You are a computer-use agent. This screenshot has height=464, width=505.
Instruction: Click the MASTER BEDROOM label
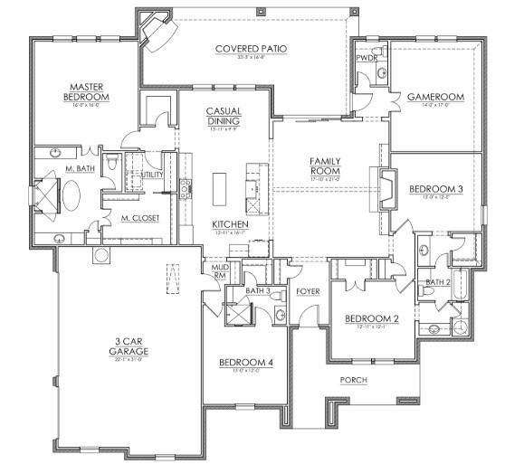coord(87,90)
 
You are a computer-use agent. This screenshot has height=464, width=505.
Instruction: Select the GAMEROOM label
coord(434,97)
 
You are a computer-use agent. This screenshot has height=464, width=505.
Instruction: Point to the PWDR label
coord(367,57)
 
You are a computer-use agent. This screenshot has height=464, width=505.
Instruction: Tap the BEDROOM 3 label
coord(436,189)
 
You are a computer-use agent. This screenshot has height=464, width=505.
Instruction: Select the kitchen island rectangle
coord(219,188)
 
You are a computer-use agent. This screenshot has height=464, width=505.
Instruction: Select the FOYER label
coord(308,292)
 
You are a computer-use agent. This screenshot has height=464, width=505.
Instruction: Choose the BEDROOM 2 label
coord(371,318)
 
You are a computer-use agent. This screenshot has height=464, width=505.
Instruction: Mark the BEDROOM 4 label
coord(245,363)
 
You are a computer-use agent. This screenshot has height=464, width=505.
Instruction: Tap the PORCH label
coord(354,380)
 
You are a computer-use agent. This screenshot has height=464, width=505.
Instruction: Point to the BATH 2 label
coord(438,282)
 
